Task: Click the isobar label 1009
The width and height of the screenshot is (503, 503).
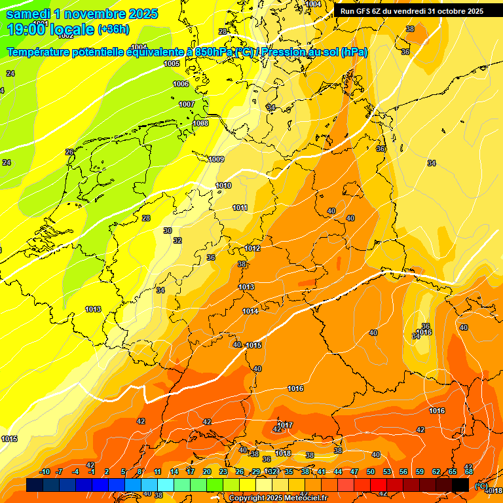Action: click(x=216, y=159)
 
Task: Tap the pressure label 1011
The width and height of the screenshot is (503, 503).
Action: click(x=240, y=208)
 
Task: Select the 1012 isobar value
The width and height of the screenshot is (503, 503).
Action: click(x=253, y=248)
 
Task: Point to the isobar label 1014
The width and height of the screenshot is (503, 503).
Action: click(x=250, y=311)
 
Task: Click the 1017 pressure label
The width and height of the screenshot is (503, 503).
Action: click(x=285, y=425)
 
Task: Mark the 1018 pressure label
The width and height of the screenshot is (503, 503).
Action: click(x=283, y=453)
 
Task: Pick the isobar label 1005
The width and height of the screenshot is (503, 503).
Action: click(x=172, y=64)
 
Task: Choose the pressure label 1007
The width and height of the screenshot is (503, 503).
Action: click(x=187, y=104)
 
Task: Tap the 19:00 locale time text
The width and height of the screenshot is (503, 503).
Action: click(x=50, y=29)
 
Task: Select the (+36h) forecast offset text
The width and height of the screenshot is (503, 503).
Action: click(x=113, y=29)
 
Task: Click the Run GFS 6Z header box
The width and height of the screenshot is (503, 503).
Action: click(x=412, y=11)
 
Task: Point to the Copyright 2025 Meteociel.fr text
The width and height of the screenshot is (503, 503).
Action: click(x=279, y=498)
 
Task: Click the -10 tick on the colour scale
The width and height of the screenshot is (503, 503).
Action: click(x=45, y=472)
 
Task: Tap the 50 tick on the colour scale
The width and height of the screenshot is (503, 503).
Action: click(x=371, y=472)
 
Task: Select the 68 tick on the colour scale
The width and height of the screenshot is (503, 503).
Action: click(x=469, y=472)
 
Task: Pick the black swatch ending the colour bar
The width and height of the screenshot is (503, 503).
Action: click(x=460, y=485)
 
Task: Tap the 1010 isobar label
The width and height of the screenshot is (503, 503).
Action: click(x=223, y=185)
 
